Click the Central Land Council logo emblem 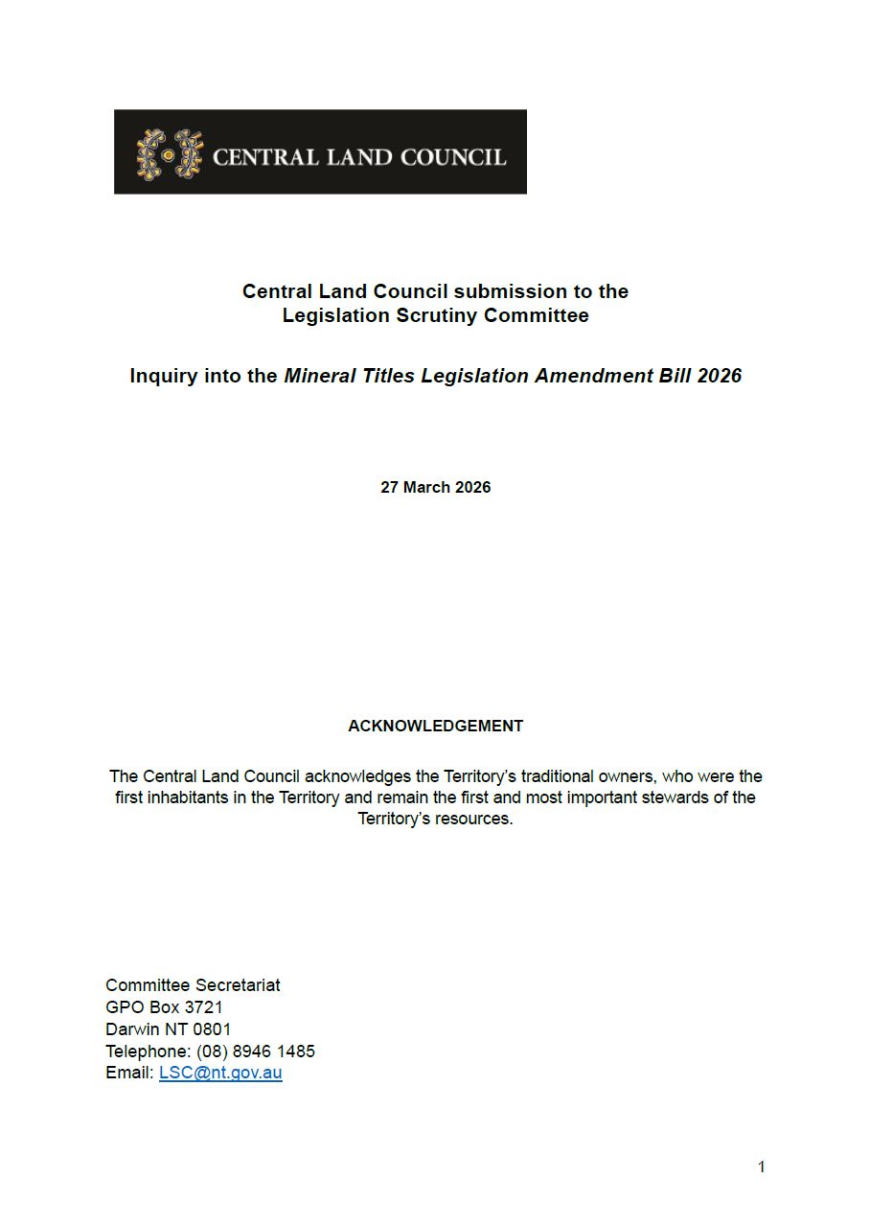coord(170,154)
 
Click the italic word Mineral coord(319,376)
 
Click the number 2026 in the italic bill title coord(719,376)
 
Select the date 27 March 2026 coord(435,487)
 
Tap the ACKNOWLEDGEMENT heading coord(435,726)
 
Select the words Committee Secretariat coord(193,985)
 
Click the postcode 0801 coord(212,1029)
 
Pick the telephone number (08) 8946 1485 coord(256,1052)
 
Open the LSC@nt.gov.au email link coord(220,1074)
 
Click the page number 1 coord(761,1167)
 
